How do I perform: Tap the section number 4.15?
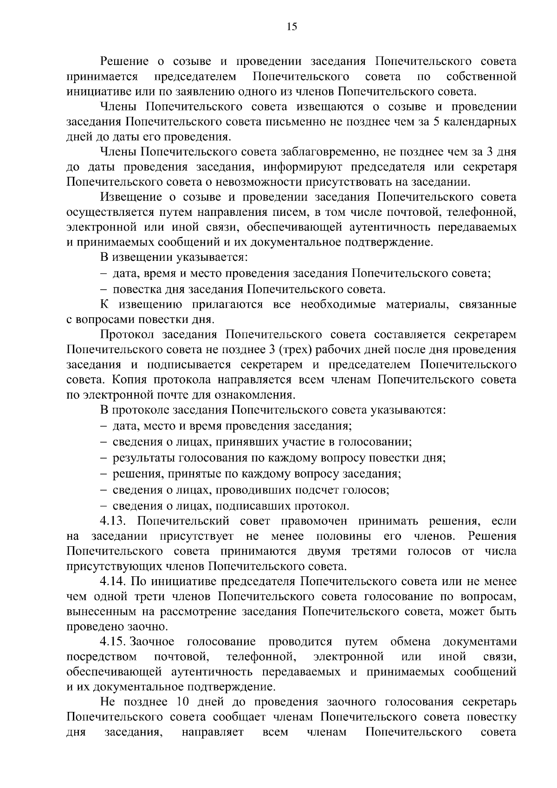click(113, 642)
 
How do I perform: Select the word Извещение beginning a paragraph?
click(130, 197)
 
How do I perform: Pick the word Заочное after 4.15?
click(152, 642)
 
